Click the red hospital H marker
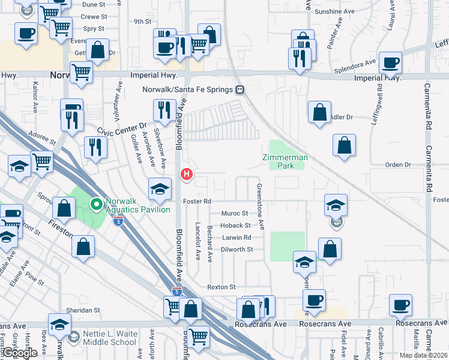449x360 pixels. coord(187,175)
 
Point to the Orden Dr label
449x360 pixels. coord(397,164)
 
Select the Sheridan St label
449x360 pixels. coord(85,310)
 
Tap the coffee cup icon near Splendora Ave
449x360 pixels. coord(391,62)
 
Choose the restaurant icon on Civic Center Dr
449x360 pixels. coord(95,147)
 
